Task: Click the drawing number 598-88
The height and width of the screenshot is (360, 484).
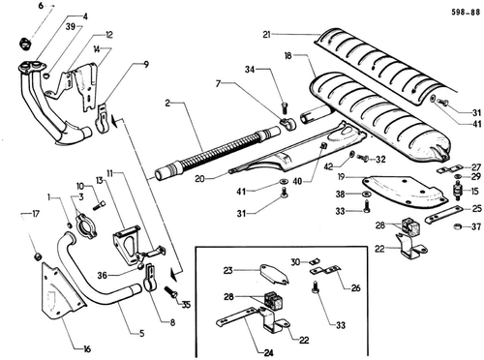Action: coord(466,12)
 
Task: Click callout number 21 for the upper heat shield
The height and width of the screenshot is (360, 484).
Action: coord(266,34)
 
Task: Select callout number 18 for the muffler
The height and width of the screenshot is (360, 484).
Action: coord(287,56)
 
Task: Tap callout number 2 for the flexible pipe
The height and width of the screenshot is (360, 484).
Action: coord(167,104)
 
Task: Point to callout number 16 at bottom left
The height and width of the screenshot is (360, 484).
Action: coord(87,348)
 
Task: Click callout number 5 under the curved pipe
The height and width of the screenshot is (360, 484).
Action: coord(142,333)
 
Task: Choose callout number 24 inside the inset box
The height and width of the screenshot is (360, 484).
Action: coord(269,353)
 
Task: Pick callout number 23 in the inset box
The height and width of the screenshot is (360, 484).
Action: coord(228,270)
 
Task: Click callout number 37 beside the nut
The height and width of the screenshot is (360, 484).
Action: coord(476,226)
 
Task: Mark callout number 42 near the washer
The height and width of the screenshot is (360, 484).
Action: coord(328,166)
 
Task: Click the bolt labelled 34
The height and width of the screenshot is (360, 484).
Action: coord(285,107)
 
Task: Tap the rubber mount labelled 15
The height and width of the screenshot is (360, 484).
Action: coord(458,191)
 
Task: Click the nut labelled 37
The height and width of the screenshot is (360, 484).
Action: coord(457,226)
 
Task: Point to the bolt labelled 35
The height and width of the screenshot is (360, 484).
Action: coord(171,292)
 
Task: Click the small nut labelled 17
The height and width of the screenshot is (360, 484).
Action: coord(39,256)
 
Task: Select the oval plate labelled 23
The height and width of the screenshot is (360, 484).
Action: coord(275,275)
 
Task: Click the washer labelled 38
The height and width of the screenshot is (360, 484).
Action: coord(365,195)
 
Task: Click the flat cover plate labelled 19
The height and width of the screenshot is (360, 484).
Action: coord(405,191)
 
